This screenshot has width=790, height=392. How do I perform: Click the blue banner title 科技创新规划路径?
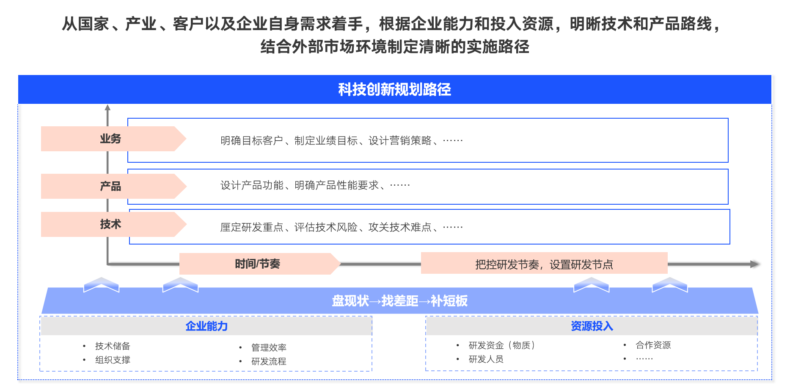coord(394,89)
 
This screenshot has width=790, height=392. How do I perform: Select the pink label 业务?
coord(111,139)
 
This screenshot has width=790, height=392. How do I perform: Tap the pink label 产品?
coord(111,186)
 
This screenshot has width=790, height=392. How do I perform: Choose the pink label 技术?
coord(111,224)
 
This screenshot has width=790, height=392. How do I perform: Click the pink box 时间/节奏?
coord(258,264)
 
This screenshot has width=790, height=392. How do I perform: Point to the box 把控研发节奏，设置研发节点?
coord(544,264)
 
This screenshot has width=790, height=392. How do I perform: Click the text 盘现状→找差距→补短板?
coord(399,301)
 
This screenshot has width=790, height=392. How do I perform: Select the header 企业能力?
coord(206,326)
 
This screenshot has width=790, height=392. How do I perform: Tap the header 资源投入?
coord(592,326)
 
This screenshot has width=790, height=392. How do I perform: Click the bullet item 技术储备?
coord(113,346)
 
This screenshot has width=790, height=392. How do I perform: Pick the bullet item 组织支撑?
coord(113,360)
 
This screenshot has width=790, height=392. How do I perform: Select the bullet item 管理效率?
coord(269,348)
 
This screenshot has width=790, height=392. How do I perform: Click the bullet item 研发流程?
coord(269,361)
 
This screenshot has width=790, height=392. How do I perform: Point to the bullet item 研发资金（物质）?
coord(502,345)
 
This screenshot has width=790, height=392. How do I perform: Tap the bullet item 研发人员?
coord(486,359)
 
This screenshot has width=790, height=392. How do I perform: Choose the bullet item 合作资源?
coord(653,345)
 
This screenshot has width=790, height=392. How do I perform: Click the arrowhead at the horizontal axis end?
coord(754,264)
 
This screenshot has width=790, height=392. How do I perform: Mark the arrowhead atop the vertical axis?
coord(108,108)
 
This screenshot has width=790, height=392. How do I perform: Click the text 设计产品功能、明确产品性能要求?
coord(300,185)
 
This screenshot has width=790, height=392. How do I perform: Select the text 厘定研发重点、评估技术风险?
coord(289,228)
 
